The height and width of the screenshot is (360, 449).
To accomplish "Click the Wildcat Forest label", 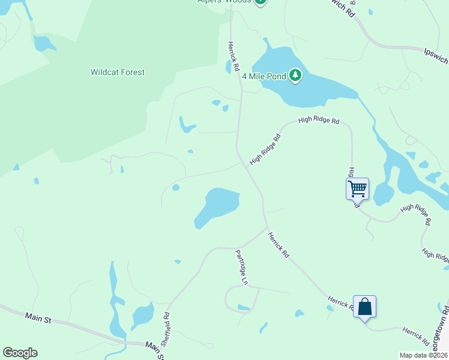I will (x=118, y=73).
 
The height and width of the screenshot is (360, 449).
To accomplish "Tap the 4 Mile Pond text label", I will (x=264, y=76).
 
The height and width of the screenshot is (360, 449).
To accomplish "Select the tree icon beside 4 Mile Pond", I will (x=295, y=76).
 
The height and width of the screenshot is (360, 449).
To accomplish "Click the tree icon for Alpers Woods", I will (x=260, y=2).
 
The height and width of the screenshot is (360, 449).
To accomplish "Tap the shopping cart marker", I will (x=357, y=188).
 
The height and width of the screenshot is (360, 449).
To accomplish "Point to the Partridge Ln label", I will (x=241, y=267).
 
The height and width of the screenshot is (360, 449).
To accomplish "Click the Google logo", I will (x=20, y=353).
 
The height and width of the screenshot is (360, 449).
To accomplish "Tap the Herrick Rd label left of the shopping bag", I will (x=342, y=302).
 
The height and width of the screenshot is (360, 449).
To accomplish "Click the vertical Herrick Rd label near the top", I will (x=233, y=57).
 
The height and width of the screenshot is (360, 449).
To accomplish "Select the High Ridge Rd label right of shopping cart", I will (x=415, y=214).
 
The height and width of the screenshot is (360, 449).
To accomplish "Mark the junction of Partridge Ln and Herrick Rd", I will (x=267, y=228).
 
